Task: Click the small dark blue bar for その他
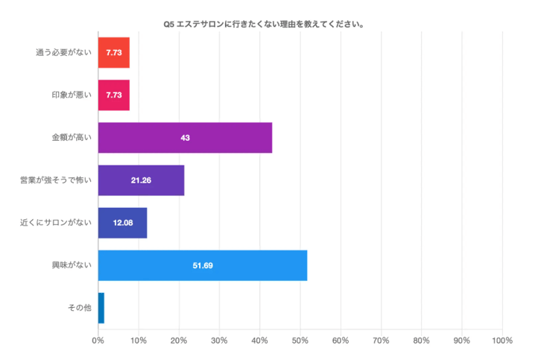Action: (101, 308)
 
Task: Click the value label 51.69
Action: (203, 266)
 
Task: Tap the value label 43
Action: (186, 138)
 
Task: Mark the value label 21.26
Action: (142, 180)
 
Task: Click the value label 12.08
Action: (123, 223)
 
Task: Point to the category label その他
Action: (79, 308)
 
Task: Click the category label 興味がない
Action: (72, 265)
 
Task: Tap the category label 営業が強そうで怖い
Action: (56, 180)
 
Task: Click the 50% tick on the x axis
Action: (300, 341)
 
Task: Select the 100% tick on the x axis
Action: (502, 341)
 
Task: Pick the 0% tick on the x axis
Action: (98, 341)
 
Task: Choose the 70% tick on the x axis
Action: (381, 341)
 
